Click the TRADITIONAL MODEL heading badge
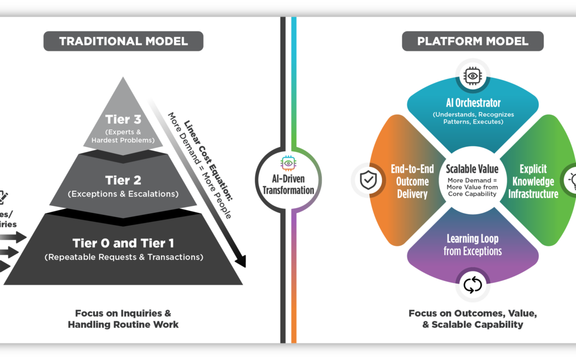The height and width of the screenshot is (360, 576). point(123,41)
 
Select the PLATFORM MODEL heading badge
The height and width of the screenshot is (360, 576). point(473,41)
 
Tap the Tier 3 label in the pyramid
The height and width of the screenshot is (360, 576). point(123,119)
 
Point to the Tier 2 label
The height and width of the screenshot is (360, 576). point(123,180)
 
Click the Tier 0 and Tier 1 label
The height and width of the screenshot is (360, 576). point(123,243)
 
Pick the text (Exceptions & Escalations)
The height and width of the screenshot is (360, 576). point(123,194)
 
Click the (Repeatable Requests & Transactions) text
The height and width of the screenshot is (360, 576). point(123,258)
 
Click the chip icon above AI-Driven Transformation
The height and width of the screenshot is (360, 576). point(288,163)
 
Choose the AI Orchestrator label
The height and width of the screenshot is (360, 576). point(473,102)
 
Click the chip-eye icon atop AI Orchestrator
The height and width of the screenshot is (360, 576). point(473,76)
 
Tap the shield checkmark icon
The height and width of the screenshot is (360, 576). point(368,180)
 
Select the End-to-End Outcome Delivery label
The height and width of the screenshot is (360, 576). point(412,181)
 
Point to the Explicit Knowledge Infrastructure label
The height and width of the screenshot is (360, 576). point(533,181)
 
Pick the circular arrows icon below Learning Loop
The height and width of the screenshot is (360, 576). point(473,285)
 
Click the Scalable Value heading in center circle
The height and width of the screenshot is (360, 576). point(473,169)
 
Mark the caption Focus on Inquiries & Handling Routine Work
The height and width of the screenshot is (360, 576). point(123,319)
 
